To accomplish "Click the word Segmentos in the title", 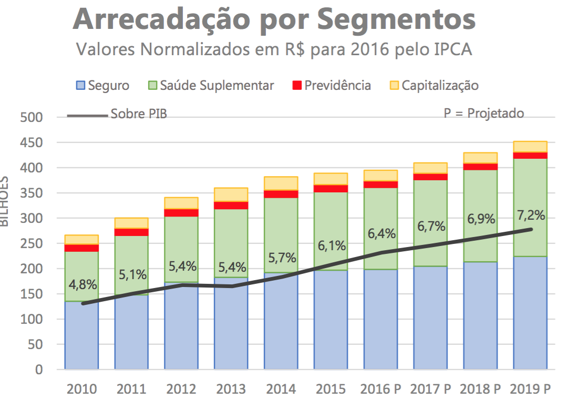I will [397, 19].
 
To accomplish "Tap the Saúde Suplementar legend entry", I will [211, 86].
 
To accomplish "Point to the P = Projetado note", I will [483, 114].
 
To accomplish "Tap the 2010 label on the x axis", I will [81, 389].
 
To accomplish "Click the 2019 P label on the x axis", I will [530, 389].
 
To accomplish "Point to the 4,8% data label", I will [82, 285].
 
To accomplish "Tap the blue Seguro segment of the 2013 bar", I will [231, 326].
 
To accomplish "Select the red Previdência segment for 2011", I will [131, 232].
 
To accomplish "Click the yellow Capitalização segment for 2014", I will [281, 183].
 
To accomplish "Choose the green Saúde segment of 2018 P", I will [480, 242].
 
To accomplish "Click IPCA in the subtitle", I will [452, 50].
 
